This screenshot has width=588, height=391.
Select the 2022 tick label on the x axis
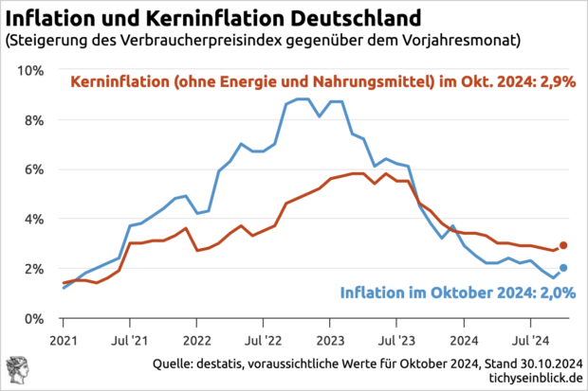tap(196, 338)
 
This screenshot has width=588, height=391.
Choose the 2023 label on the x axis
tap(330, 338)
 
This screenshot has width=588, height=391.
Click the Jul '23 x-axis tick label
tap(396, 338)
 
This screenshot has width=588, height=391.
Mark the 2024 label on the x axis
tap(464, 338)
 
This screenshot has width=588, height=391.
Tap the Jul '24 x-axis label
tap(530, 338)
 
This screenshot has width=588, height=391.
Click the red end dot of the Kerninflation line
tap(563, 245)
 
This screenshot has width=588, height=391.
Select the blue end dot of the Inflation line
tap(563, 268)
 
